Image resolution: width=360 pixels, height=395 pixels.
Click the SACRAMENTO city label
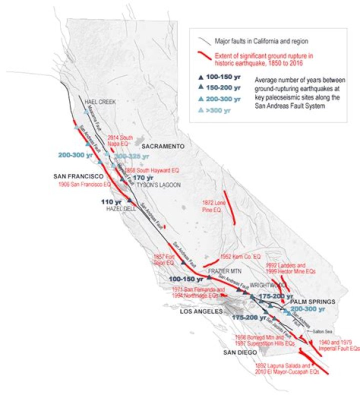162,146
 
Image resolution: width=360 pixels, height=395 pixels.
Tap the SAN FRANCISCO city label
78,176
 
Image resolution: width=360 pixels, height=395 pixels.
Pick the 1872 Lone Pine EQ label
210,206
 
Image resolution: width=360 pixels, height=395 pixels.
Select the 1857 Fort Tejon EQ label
163,259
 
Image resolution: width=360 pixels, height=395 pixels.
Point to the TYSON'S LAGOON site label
153,184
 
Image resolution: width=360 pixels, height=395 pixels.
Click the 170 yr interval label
142,177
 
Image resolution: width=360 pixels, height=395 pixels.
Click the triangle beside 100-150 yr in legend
201,77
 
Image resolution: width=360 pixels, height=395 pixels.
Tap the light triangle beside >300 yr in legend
201,109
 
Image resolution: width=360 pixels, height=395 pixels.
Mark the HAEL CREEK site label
100,101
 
